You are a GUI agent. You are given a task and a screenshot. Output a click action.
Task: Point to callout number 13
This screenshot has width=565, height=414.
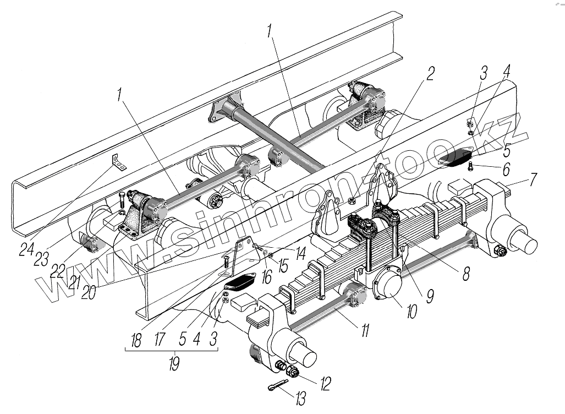(300, 397)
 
